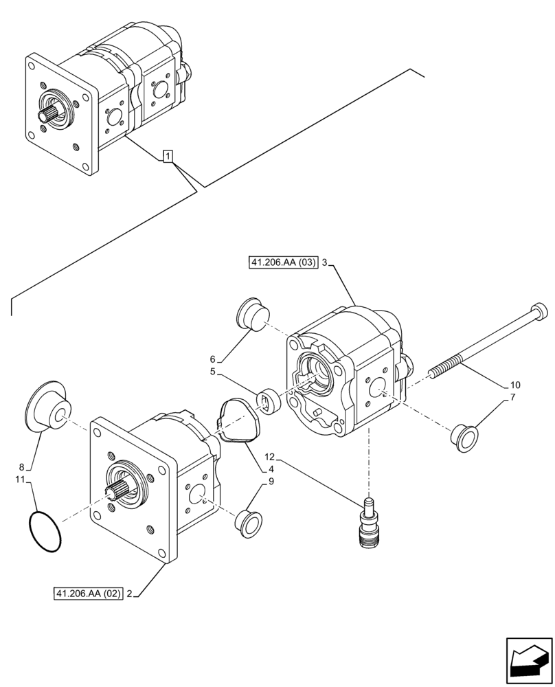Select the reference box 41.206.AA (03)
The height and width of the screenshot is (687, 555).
click(282, 263)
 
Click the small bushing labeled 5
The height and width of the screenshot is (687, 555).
click(268, 401)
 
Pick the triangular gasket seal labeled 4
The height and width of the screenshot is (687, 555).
click(237, 423)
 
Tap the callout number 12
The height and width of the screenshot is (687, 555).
click(269, 457)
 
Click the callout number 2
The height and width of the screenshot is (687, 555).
click(129, 594)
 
